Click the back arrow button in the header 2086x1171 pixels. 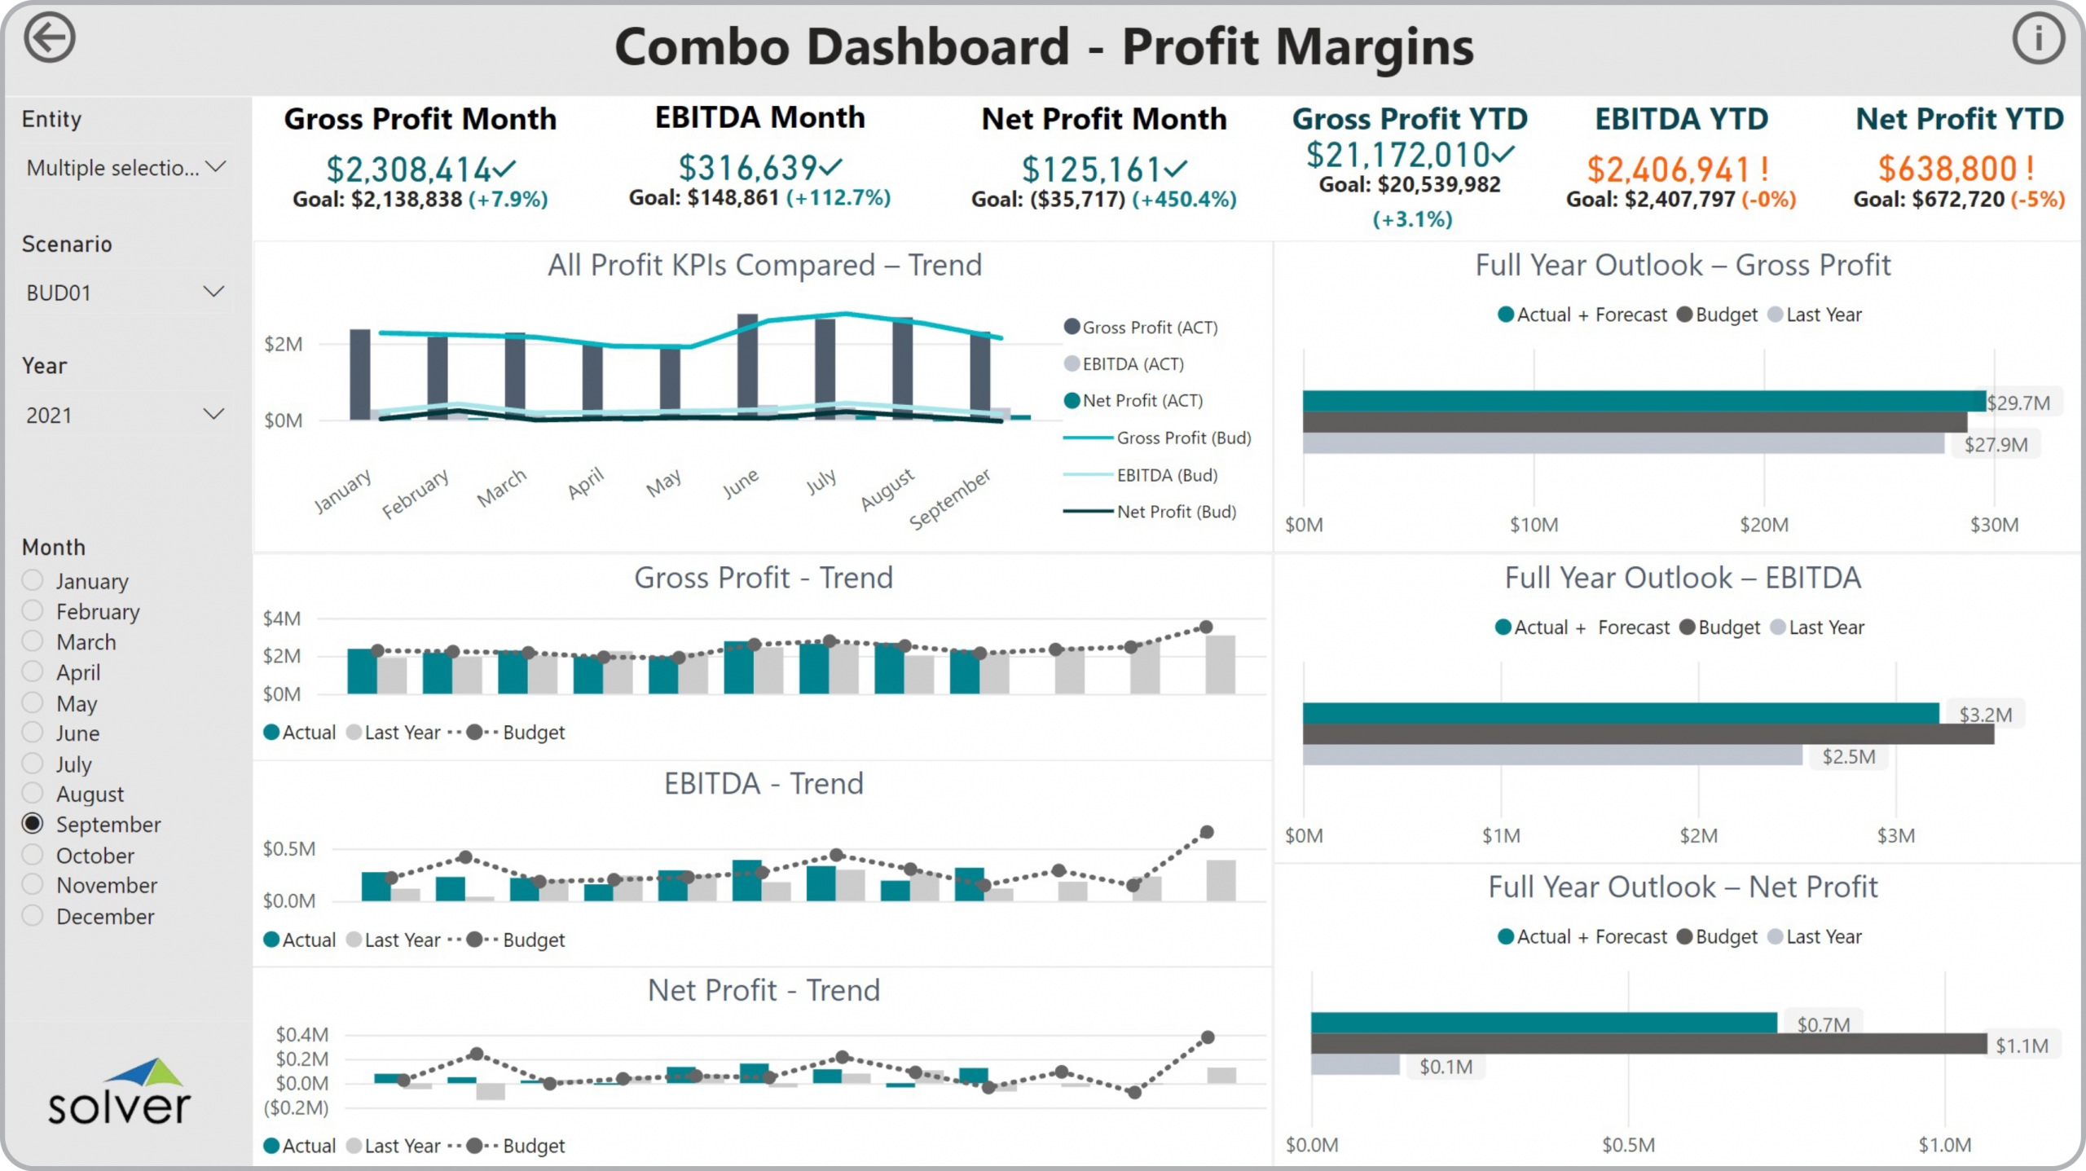point(49,38)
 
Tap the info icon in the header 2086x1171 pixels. point(2038,38)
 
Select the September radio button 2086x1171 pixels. point(33,824)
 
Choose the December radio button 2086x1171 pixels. point(33,916)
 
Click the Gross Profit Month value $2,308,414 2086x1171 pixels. point(409,169)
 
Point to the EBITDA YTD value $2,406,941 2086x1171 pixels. point(1668,169)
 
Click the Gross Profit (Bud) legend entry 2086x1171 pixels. point(1182,438)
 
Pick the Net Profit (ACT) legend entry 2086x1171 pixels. point(1142,401)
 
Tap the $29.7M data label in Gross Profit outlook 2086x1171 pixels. point(2018,403)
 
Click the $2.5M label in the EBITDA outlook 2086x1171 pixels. point(1848,757)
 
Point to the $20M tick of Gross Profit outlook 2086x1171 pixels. point(1764,525)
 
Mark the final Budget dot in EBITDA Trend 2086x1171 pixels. point(1207,832)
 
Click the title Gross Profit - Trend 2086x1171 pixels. point(763,578)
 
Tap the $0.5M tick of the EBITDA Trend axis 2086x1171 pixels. point(288,849)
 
